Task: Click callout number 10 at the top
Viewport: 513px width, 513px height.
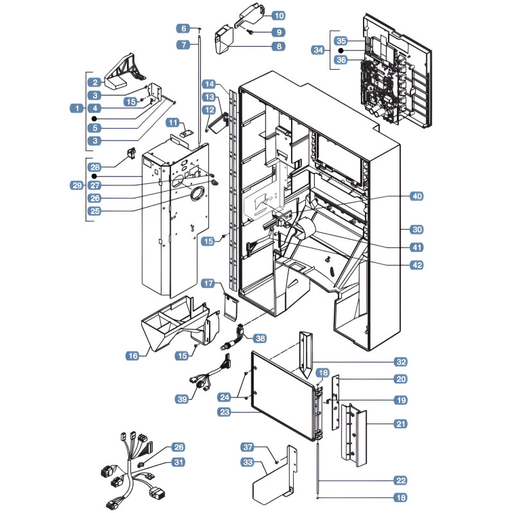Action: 279,15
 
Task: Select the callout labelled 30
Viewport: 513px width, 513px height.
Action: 417,230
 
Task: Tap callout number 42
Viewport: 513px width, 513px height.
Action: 417,265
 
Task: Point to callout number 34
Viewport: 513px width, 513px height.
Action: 318,50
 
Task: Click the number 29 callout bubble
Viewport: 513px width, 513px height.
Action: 77,185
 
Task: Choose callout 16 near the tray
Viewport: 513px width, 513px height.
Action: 133,356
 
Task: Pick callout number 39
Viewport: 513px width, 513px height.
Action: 182,399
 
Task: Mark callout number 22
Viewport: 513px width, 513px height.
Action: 401,480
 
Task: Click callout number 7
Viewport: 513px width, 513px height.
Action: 183,44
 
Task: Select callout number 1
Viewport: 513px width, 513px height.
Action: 77,108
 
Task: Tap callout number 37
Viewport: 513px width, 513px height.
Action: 248,447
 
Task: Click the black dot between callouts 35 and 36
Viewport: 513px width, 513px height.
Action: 341,51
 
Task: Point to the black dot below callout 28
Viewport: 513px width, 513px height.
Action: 94,176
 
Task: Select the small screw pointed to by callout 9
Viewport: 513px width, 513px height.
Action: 251,32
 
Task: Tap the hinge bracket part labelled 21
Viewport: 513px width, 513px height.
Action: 354,435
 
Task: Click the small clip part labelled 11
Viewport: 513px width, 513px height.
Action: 187,133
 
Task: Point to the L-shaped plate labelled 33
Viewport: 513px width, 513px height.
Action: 276,478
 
